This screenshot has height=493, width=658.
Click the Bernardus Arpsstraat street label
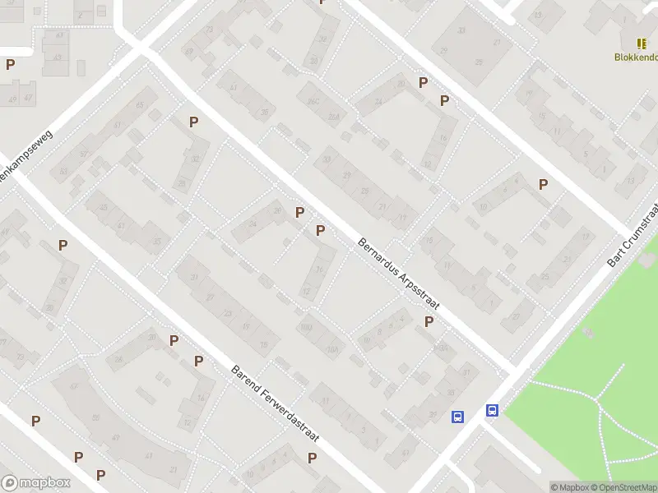point(399,274)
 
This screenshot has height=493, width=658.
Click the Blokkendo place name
point(636,57)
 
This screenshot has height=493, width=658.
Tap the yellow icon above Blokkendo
point(641,43)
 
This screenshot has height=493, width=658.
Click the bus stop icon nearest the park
point(492,410)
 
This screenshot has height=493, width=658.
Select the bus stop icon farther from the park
point(457,417)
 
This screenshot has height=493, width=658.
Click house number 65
point(140,105)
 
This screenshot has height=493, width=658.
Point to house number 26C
point(313,102)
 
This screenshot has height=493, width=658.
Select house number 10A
point(333,348)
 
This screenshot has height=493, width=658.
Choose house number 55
point(96,418)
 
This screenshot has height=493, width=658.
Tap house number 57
point(74,387)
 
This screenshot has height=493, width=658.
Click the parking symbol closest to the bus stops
point(429,322)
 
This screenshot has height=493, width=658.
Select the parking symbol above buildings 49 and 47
point(10,64)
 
